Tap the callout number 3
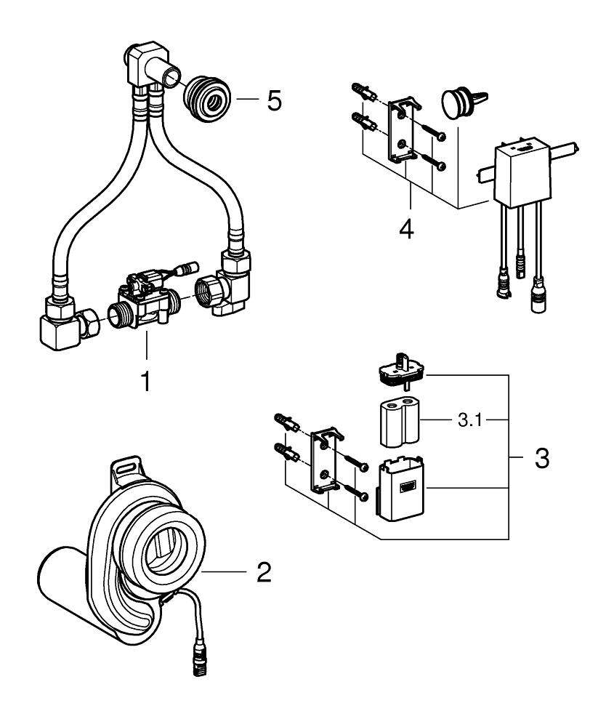(541, 459)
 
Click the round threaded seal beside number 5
(207, 97)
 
